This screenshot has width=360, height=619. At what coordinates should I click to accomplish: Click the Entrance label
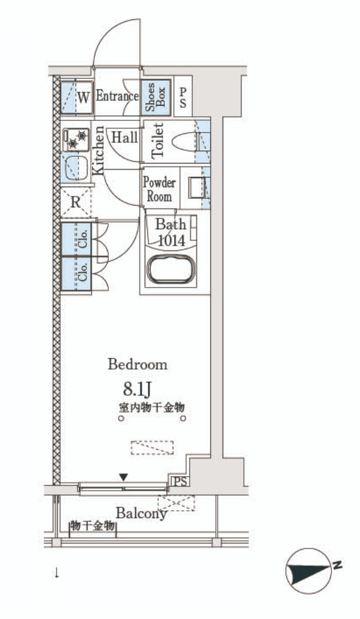(x=117, y=96)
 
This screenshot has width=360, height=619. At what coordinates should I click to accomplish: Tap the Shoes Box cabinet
(x=156, y=97)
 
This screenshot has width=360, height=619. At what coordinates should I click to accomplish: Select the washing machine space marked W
(x=77, y=97)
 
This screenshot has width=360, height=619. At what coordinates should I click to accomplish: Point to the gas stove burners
(x=76, y=139)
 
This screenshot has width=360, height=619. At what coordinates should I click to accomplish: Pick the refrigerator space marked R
(x=76, y=202)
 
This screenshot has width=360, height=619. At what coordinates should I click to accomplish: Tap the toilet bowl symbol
(x=185, y=142)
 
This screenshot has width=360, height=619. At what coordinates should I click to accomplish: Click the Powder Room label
(x=159, y=189)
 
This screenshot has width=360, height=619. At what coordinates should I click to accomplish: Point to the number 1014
(x=171, y=240)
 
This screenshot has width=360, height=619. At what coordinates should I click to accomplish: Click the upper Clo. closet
(x=76, y=239)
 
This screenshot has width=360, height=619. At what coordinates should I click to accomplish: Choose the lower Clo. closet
(x=76, y=274)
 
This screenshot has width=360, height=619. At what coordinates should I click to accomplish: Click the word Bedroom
(x=137, y=364)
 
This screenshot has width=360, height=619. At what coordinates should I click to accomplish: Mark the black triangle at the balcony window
(x=124, y=477)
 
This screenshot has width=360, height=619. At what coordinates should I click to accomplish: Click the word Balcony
(x=141, y=513)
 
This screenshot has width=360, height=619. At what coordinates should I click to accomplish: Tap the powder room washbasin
(x=196, y=188)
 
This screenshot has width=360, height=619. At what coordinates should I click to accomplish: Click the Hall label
(x=125, y=137)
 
